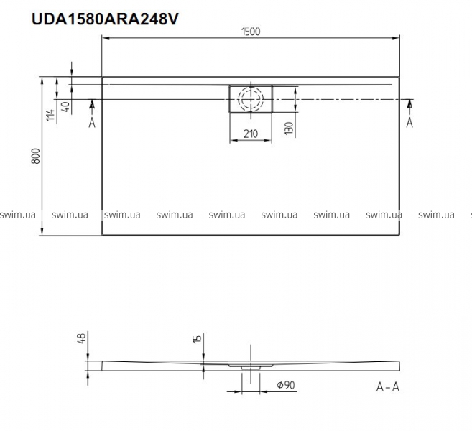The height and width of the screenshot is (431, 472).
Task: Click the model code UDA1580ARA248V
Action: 105,19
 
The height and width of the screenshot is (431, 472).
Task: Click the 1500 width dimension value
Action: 251,32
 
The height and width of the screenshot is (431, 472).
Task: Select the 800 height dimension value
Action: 35,156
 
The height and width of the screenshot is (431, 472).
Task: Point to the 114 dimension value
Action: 51,115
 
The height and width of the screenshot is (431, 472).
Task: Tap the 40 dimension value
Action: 65,107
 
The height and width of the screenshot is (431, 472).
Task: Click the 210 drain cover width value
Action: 251,134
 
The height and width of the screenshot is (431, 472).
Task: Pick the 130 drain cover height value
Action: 288,128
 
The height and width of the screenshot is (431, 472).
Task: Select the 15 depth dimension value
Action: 197,338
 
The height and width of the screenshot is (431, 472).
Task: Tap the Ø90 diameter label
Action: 285,385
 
